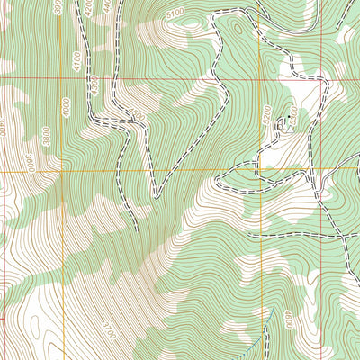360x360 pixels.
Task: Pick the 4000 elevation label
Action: (66, 105)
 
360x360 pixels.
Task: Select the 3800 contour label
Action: (46, 135)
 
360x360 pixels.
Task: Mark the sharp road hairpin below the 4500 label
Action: (154, 194)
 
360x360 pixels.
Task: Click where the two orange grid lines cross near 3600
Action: (61, 168)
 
